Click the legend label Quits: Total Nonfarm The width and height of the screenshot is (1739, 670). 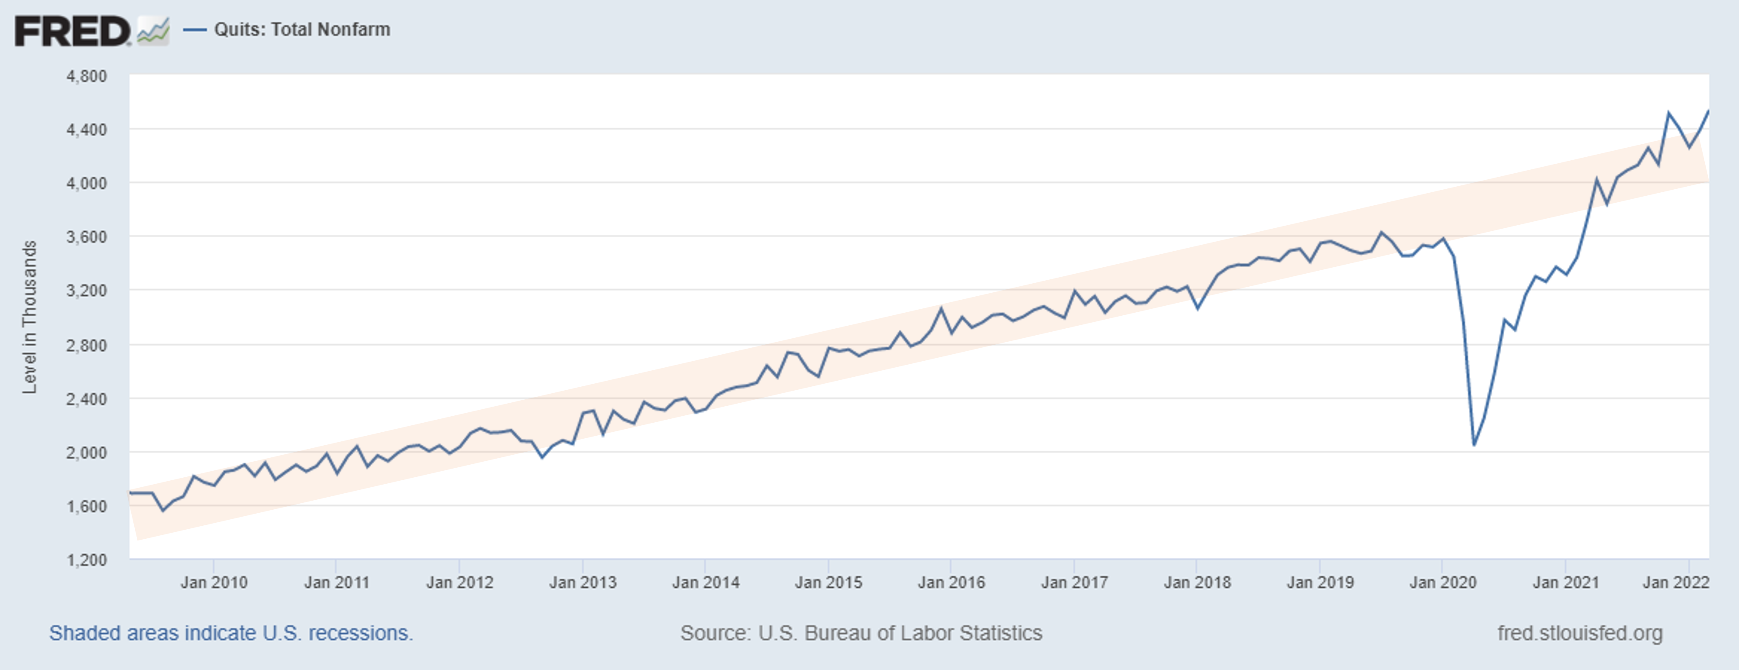point(302,30)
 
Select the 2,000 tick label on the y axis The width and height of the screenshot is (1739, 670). point(87,453)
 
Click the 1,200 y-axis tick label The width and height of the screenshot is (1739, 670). point(87,560)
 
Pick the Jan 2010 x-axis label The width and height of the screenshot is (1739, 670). point(214,582)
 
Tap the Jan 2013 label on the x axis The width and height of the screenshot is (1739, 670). point(583,582)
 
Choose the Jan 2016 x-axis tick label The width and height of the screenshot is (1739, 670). point(951,582)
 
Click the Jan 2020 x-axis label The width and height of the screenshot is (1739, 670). point(1443,582)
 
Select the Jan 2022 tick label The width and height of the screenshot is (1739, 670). point(1675,582)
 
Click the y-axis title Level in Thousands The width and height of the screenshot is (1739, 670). point(29,317)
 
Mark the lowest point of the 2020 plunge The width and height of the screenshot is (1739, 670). point(1473,445)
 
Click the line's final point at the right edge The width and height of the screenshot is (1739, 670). point(1708,110)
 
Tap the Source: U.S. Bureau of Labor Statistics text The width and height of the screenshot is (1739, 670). point(861,633)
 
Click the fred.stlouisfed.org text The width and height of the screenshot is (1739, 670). point(1580,633)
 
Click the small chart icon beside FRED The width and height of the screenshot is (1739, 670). point(153,32)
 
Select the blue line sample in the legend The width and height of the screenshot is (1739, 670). point(194,30)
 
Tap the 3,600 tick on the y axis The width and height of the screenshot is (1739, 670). point(87,237)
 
